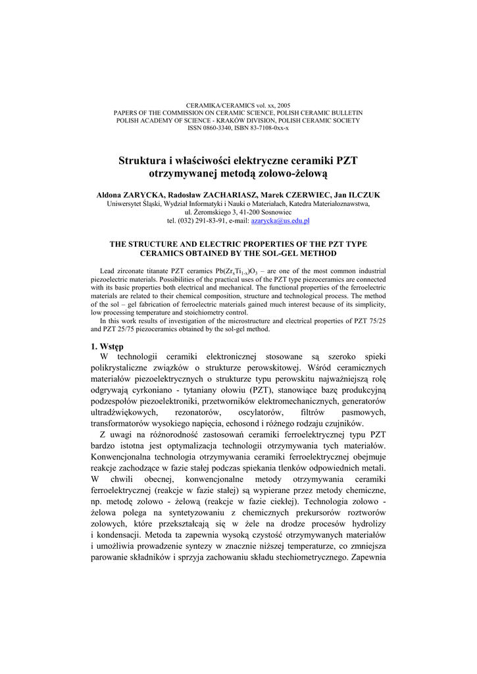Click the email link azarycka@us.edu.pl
(x=280, y=221)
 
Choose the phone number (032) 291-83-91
(x=197, y=221)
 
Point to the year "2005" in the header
(x=281, y=105)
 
